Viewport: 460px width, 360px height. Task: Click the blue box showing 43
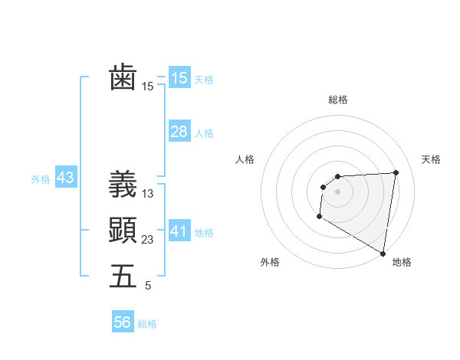pos(65,178)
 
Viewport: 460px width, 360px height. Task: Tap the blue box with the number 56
pos(123,322)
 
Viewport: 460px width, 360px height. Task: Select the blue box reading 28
pos(179,132)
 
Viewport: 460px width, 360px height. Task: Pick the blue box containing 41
pos(179,231)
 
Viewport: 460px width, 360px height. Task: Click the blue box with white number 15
pos(179,77)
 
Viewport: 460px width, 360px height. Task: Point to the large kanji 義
pos(123,184)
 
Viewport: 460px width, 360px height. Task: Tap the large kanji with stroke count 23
pos(123,230)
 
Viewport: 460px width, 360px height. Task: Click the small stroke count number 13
pos(148,194)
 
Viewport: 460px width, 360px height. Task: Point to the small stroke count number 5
pos(148,286)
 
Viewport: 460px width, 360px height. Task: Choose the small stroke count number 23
pos(148,240)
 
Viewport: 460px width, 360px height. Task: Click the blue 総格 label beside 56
pos(147,324)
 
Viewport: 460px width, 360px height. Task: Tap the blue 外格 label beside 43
pos(41,179)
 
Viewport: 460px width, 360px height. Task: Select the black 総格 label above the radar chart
pos(337,100)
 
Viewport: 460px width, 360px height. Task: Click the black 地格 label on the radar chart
pos(402,263)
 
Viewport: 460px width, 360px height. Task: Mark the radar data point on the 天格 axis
pos(396,172)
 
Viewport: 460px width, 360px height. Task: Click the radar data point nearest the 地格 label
pos(383,253)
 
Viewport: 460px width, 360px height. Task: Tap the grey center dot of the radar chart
pos(337,191)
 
